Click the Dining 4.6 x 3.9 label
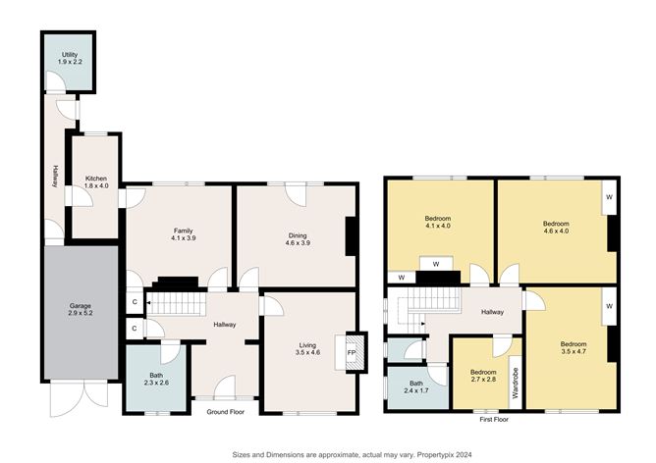[297, 235]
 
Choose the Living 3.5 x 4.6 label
[307, 350]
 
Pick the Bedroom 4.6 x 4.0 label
[556, 229]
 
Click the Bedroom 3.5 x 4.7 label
[573, 349]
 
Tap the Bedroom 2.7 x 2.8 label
[482, 377]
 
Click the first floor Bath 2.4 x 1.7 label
[415, 387]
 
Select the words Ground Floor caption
[225, 413]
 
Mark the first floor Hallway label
[492, 312]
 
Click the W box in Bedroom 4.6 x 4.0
[609, 195]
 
